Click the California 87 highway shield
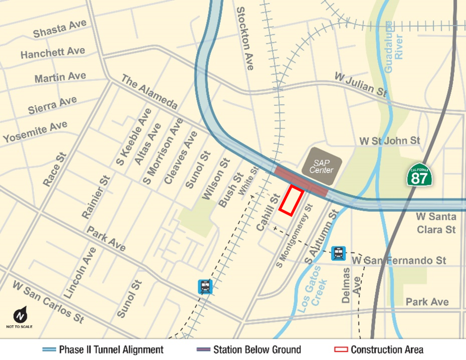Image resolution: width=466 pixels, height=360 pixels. [x=419, y=174]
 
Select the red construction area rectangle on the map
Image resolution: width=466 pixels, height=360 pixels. [x=291, y=200]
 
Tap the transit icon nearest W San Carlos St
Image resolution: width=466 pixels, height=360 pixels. [x=205, y=287]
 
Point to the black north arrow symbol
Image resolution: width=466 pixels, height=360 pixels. [x=20, y=315]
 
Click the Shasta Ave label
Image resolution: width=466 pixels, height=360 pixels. [x=60, y=29]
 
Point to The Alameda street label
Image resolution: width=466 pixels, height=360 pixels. [x=150, y=92]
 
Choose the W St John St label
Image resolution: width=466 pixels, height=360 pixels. [x=389, y=141]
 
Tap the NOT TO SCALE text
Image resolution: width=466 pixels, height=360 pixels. [x=20, y=327]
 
